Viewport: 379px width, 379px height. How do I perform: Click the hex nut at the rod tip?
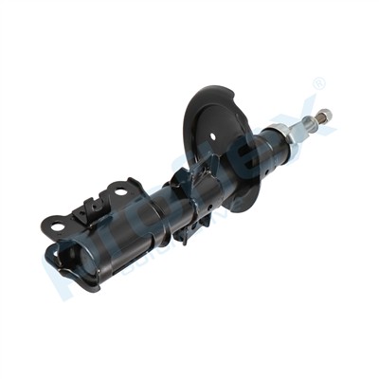pos(324,117)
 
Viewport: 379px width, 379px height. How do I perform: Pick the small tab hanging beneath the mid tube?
pos(180,233)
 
